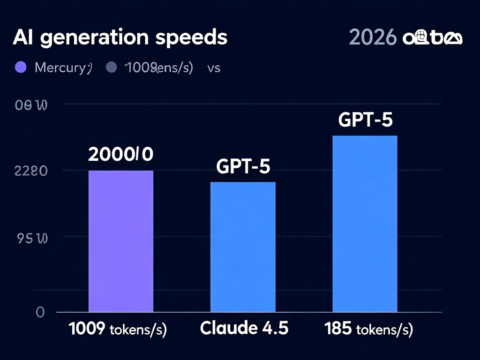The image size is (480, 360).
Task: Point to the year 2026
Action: tap(373, 38)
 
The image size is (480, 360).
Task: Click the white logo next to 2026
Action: tap(432, 38)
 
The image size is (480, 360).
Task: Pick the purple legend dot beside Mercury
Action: tap(21, 67)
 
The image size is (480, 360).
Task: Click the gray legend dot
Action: tap(111, 67)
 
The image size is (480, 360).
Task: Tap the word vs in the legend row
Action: tap(214, 68)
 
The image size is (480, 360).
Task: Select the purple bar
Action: tap(121, 241)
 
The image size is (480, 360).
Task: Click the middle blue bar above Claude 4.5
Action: tap(243, 247)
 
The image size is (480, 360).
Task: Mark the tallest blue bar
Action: tap(365, 224)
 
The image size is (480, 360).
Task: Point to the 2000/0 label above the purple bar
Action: tap(120, 154)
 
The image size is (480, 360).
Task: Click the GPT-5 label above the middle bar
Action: tap(243, 166)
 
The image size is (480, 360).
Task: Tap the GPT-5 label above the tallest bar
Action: tap(365, 120)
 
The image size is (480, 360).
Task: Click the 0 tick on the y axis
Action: tap(40, 312)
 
